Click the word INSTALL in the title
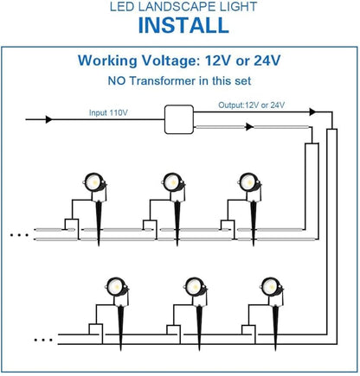click(183, 25)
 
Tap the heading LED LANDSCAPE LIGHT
click(183, 6)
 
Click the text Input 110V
click(108, 112)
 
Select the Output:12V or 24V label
click(251, 105)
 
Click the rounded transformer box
click(179, 119)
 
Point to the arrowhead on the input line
click(49, 119)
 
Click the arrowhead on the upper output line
click(312, 112)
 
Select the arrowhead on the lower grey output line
click(249, 127)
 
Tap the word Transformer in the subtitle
click(163, 81)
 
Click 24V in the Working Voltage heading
click(267, 61)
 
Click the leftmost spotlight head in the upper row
click(94, 182)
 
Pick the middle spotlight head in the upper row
click(172, 182)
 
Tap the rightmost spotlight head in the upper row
click(249, 182)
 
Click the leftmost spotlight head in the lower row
click(116, 287)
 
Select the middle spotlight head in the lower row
click(195, 287)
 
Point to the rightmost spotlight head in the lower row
click(271, 287)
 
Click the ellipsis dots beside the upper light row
click(19, 235)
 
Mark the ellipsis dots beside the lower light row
click(43, 340)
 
